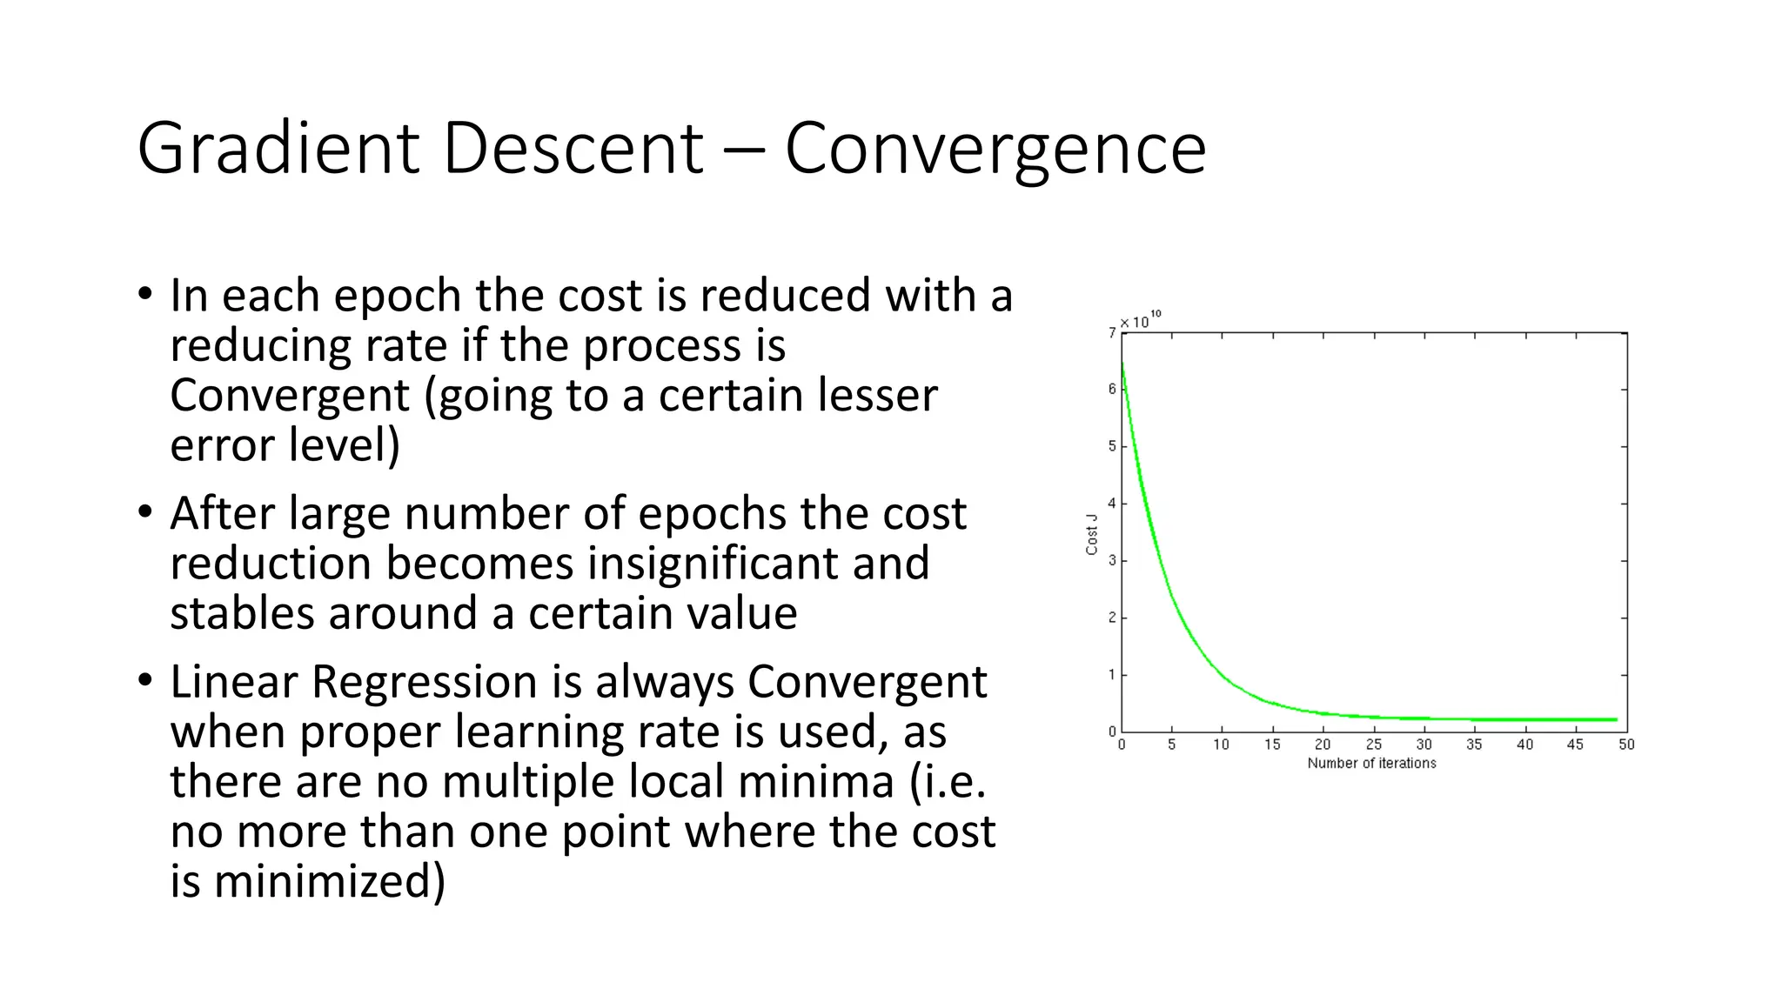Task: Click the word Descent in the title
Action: coord(573,148)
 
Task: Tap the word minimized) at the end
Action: coord(329,881)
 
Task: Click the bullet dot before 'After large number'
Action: coord(144,511)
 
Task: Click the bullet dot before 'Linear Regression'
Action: coord(144,679)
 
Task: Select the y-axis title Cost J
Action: coord(1091,534)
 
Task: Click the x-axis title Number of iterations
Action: coord(1371,764)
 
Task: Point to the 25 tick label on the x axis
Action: coord(1373,745)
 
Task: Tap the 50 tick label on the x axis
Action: coord(1626,745)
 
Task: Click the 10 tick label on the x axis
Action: coord(1222,745)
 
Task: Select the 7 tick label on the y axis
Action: coord(1112,332)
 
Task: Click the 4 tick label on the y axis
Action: coord(1112,504)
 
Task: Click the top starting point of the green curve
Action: coord(1122,364)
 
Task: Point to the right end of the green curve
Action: coord(1617,719)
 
